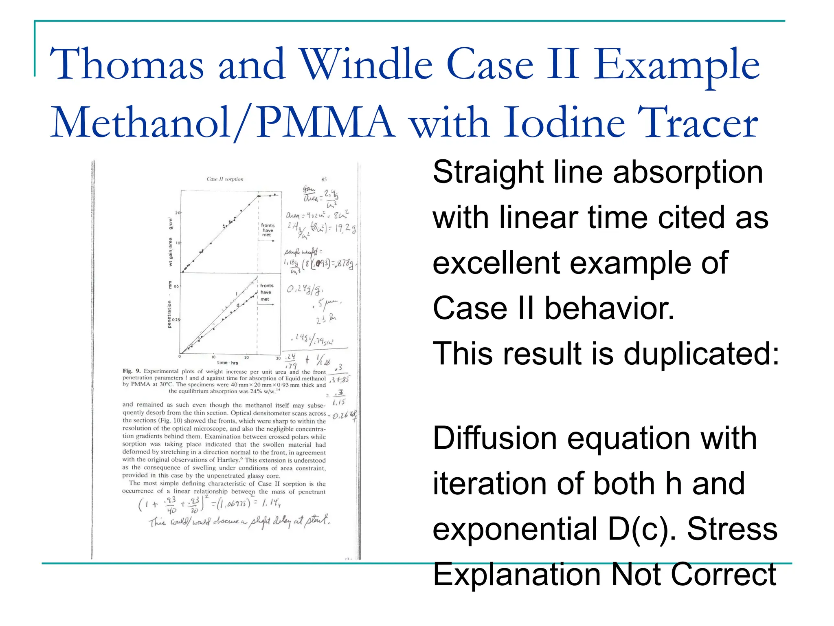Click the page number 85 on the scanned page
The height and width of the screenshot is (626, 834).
(x=324, y=179)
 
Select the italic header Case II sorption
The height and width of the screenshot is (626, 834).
(x=225, y=179)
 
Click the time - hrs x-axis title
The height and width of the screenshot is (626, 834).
(x=228, y=363)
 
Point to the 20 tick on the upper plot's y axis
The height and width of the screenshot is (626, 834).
(x=178, y=213)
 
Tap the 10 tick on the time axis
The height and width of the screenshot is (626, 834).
(x=213, y=357)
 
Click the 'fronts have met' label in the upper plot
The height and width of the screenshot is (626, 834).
(x=268, y=230)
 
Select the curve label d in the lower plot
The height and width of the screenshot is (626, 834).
(x=238, y=305)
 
